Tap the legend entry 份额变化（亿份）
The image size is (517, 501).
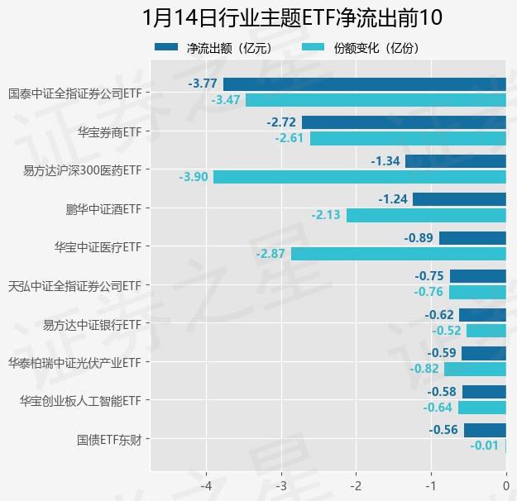coord(361,48)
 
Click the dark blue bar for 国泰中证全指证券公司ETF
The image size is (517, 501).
coord(364,83)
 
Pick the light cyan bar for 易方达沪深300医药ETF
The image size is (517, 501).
coord(359,177)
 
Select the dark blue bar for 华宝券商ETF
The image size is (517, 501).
coord(404,122)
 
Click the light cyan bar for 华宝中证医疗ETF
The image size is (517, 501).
coord(398,254)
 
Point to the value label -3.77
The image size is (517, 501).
coord(203,83)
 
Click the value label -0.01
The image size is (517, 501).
coord(485,446)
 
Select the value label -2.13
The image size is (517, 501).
coord(326,216)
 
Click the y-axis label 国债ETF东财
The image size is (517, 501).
coord(108,439)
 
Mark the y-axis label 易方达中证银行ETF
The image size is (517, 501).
coord(92,323)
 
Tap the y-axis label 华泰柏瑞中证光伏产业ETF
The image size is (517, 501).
coord(74,362)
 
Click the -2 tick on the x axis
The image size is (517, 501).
coord(356,484)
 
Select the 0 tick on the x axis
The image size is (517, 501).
coord(505,484)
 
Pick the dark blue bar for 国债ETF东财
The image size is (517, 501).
coord(485,430)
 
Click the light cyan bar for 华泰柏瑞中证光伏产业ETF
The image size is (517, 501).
coord(475,370)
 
